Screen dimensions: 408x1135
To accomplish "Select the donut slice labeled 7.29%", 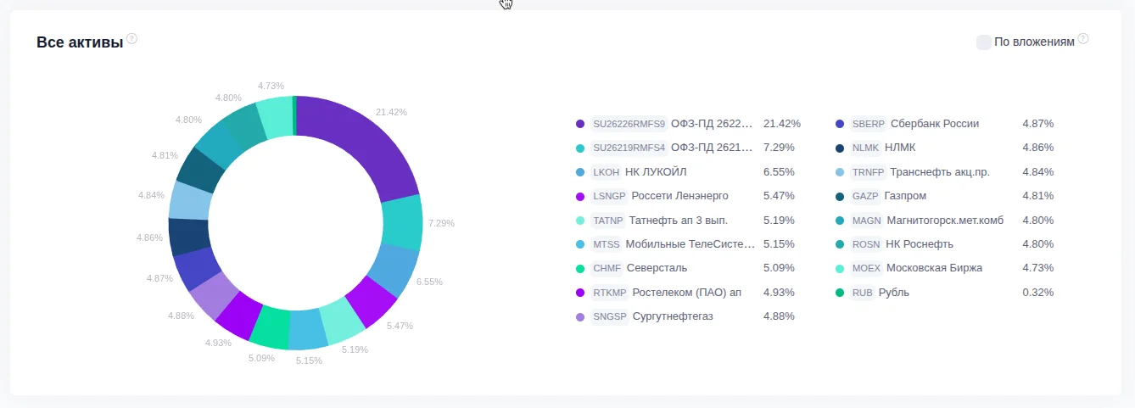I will [401, 222].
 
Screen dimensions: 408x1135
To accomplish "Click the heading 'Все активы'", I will [80, 42].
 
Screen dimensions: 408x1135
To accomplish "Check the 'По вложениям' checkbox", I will [984, 42].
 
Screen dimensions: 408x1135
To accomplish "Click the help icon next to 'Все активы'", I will [132, 39].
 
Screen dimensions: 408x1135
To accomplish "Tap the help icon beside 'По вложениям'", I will [1082, 39].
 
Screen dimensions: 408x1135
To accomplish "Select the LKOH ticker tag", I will [607, 172].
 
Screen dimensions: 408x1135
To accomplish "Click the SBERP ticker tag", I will [869, 124].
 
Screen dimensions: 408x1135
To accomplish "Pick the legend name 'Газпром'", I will [905, 196].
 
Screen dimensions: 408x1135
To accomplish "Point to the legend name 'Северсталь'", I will [657, 268].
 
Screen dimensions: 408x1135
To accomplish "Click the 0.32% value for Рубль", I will [1038, 293].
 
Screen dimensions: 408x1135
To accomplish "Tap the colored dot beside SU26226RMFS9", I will [580, 124].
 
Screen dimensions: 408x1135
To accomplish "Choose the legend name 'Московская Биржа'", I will [934, 268].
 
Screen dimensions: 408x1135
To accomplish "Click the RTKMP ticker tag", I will [610, 293].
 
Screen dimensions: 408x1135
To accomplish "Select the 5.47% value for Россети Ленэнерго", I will [779, 196].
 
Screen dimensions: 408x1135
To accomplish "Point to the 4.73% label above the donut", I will [271, 86].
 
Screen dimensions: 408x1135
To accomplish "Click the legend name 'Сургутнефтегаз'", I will [673, 316].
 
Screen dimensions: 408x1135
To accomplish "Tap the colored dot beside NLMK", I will [840, 148].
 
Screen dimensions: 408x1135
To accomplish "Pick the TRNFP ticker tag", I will [869, 172].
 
